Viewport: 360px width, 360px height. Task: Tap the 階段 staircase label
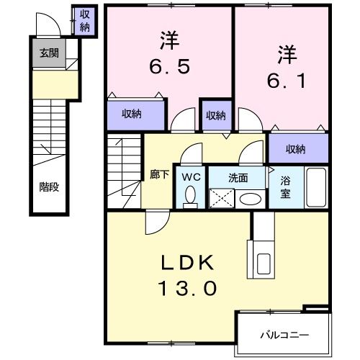(49, 186)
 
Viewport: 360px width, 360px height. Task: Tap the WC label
(191, 176)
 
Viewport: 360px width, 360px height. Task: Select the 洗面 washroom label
(239, 176)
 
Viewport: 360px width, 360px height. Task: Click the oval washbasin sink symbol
(251, 198)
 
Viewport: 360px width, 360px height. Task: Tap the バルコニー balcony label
(284, 335)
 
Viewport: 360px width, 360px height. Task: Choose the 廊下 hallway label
(159, 174)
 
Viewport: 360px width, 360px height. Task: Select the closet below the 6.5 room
(130, 113)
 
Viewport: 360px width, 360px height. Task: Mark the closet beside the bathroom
(295, 149)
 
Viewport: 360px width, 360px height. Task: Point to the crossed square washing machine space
(222, 197)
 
